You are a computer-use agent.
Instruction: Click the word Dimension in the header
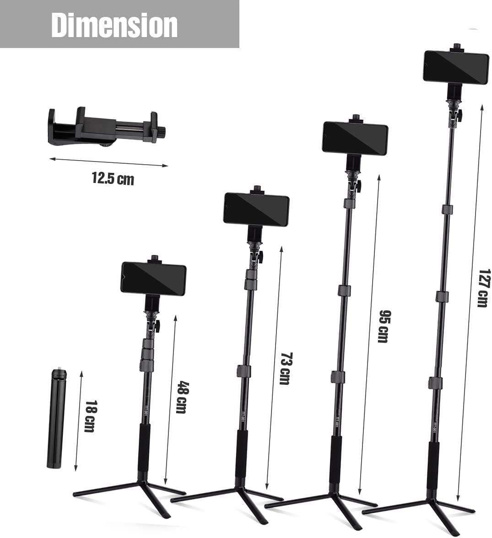(114, 25)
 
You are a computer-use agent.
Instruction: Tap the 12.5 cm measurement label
(113, 178)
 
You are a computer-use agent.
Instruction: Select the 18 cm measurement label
(90, 416)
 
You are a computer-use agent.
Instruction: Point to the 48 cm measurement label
(181, 397)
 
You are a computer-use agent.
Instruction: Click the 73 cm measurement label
(285, 369)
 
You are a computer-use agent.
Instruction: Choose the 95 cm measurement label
(383, 326)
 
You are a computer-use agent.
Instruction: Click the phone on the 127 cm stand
(455, 67)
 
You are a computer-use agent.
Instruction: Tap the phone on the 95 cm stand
(355, 138)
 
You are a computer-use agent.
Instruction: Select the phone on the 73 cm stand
(256, 210)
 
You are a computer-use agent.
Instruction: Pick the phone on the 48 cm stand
(153, 279)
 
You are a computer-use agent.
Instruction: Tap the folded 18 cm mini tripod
(56, 420)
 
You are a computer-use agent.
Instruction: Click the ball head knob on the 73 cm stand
(260, 257)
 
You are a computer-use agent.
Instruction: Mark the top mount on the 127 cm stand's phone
(456, 48)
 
